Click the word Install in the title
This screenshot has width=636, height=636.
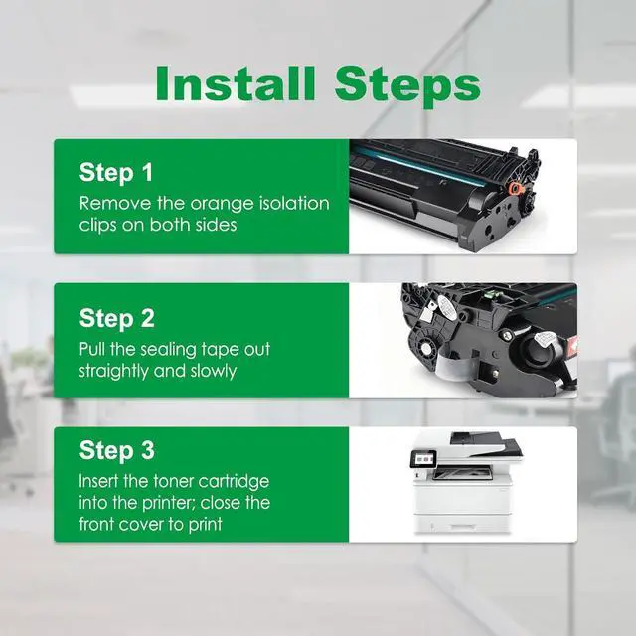point(236,83)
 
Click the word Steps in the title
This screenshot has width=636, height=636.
point(407,87)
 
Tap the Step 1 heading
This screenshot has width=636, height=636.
point(116,173)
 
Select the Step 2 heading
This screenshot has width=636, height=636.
point(117,319)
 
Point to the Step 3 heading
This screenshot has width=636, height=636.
point(117,450)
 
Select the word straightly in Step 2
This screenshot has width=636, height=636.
point(113,372)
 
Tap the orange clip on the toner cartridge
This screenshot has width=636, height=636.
point(515,188)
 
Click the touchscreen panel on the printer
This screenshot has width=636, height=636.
point(424,459)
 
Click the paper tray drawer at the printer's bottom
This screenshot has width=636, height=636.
point(462,525)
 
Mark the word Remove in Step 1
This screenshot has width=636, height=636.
point(115,203)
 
